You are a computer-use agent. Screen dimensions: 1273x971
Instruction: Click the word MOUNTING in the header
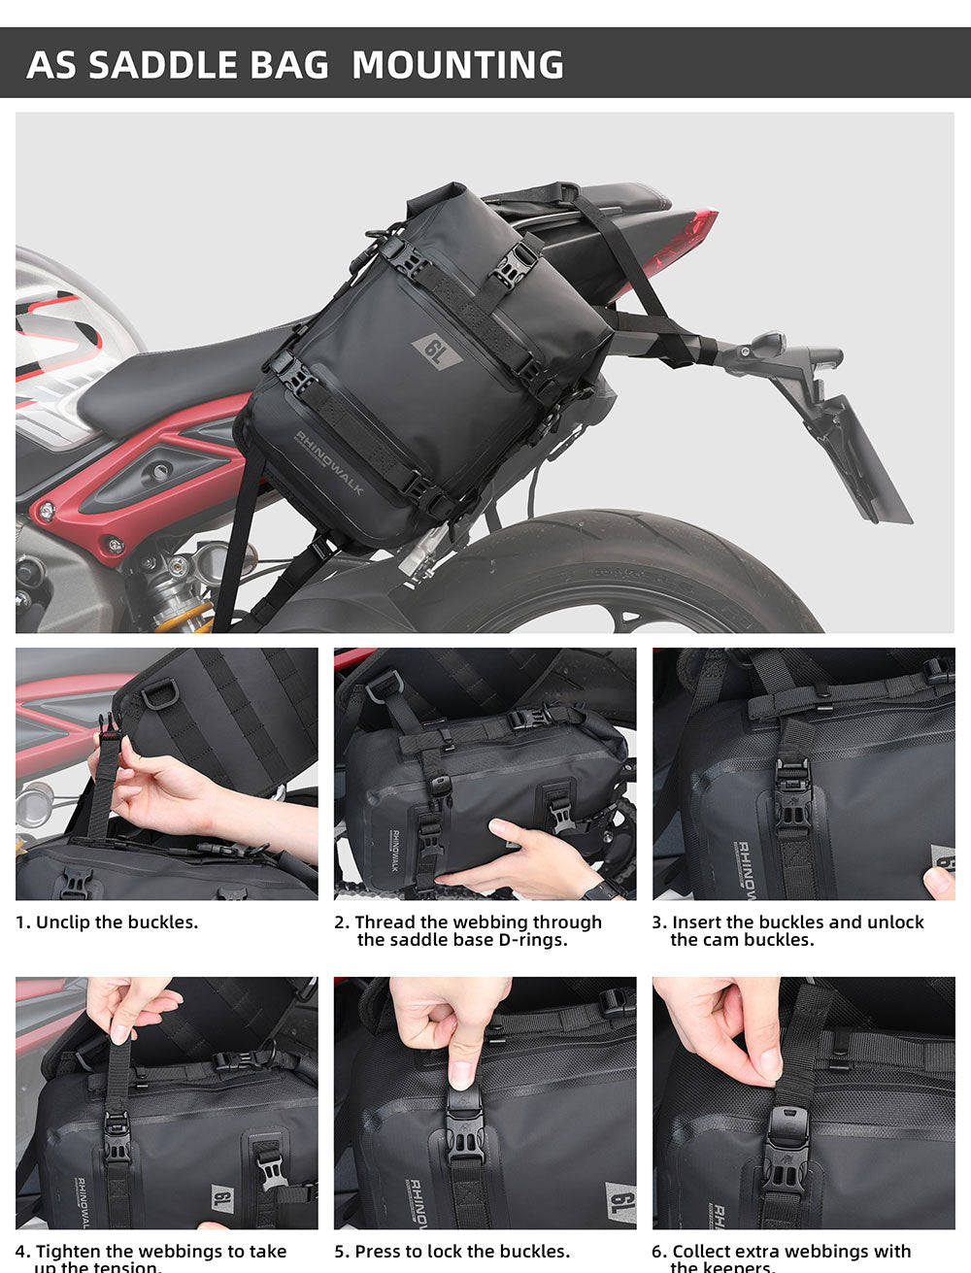(457, 65)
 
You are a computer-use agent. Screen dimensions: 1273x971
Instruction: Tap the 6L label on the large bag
(438, 351)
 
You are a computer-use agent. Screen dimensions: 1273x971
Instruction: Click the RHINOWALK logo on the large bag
(329, 463)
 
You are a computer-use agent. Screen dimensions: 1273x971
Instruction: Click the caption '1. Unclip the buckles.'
(107, 921)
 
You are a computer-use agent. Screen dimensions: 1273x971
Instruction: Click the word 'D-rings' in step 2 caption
(535, 939)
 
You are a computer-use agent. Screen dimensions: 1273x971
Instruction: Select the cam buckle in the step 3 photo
(793, 796)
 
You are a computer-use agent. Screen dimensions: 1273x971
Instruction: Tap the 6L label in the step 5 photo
(619, 1202)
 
